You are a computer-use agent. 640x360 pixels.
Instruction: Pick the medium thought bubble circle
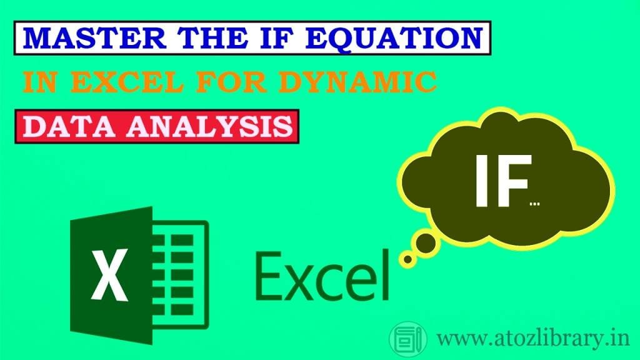pos(426,244)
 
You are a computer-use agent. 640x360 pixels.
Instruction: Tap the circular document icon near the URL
pos(408,340)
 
